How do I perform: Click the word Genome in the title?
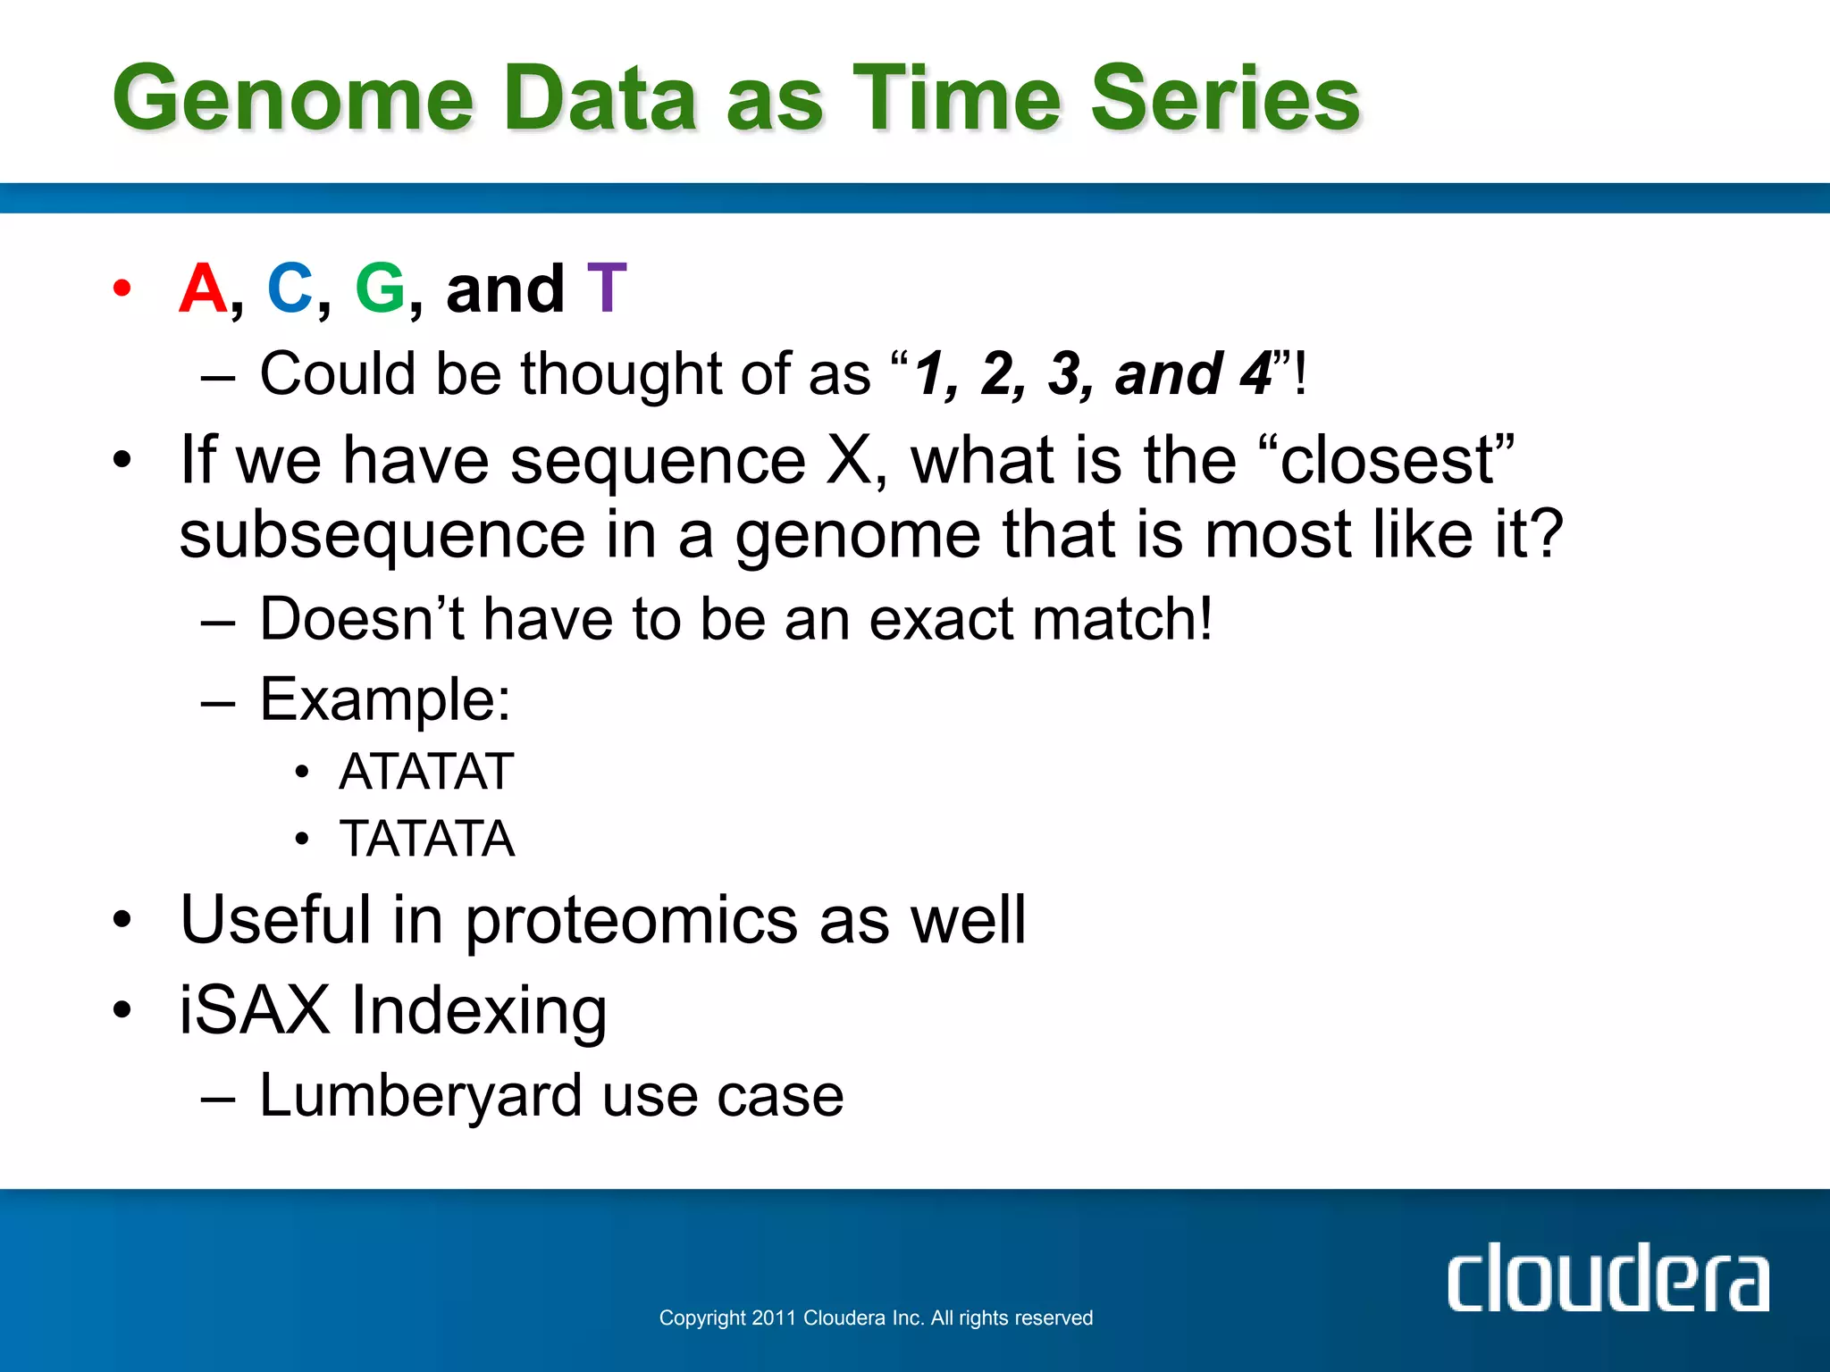pyautogui.click(x=292, y=98)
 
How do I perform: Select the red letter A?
pyautogui.click(x=203, y=289)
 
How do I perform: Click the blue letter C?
pyautogui.click(x=290, y=289)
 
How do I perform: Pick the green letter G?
pyautogui.click(x=380, y=289)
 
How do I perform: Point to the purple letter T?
pyautogui.click(x=607, y=289)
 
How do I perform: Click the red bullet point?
pyautogui.click(x=122, y=289)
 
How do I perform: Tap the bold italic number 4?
pyautogui.click(x=1255, y=373)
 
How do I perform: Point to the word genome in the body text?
pyautogui.click(x=857, y=536)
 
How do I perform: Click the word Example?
pyautogui.click(x=384, y=699)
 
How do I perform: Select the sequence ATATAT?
pyautogui.click(x=426, y=772)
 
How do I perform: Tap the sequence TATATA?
pyautogui.click(x=426, y=839)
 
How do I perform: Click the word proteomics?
pyautogui.click(x=631, y=921)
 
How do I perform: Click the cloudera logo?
pyautogui.click(x=1607, y=1278)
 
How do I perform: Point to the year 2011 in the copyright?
pyautogui.click(x=774, y=1318)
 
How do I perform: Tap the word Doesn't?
pyautogui.click(x=361, y=619)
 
